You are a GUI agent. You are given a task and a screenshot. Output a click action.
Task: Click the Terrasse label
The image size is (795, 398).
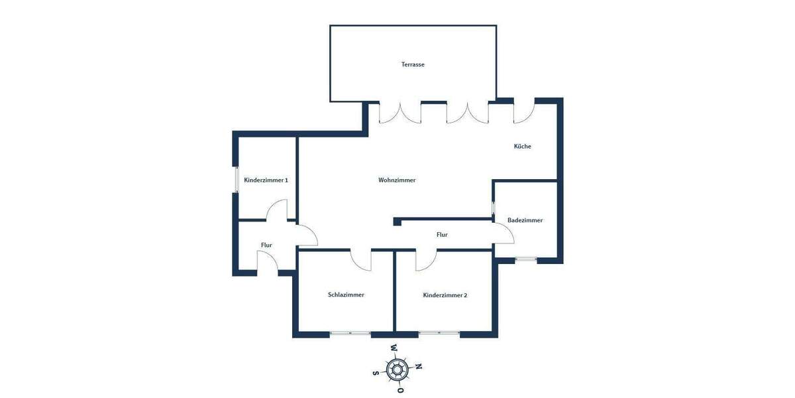click(x=413, y=64)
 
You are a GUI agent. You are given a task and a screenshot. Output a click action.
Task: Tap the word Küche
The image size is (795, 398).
click(x=523, y=146)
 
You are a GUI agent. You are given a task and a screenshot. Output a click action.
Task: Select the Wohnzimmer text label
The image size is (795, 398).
click(x=397, y=180)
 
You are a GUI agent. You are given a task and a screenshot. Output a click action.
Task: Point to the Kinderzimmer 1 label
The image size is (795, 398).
click(x=266, y=180)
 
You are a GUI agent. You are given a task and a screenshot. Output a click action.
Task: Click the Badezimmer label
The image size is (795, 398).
click(x=525, y=220)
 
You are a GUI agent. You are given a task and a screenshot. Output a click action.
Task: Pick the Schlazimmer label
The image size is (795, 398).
click(x=346, y=295)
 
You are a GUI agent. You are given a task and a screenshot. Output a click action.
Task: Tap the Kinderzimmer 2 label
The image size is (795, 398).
click(x=445, y=295)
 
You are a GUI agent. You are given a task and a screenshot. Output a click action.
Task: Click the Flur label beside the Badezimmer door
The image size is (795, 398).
click(x=442, y=235)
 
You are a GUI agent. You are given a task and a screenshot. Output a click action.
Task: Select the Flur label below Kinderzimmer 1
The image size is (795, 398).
click(x=266, y=245)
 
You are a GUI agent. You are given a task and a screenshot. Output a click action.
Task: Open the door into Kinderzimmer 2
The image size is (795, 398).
click(x=425, y=261)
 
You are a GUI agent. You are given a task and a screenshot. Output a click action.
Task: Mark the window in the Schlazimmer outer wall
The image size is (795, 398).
click(x=350, y=334)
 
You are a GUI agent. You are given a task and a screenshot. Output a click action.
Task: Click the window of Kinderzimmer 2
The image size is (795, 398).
click(x=439, y=334)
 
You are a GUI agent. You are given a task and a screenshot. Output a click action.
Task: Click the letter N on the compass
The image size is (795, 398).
click(x=419, y=366)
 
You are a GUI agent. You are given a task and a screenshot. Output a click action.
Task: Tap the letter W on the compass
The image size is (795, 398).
click(x=394, y=348)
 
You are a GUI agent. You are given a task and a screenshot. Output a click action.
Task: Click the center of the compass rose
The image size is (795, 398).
click(x=397, y=369)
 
